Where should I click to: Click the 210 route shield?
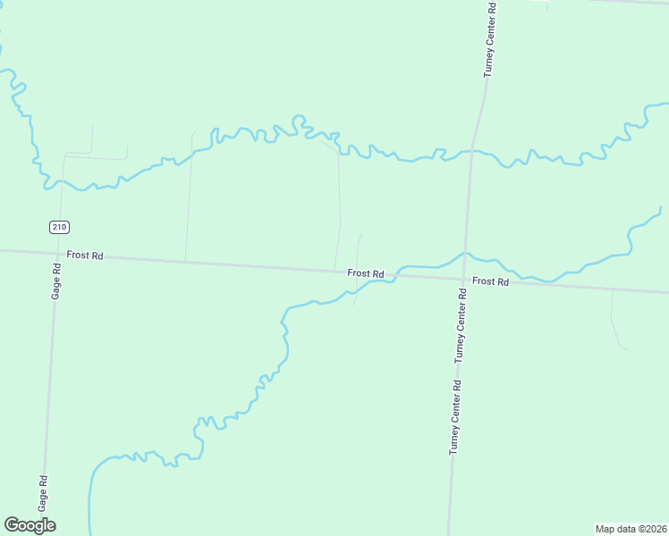[x=59, y=227]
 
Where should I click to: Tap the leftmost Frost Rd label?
[x=85, y=255]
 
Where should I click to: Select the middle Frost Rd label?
[x=366, y=272]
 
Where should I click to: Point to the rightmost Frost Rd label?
[x=490, y=281]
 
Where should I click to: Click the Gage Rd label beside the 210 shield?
[x=55, y=281]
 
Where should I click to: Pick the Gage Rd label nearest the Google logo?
[x=43, y=491]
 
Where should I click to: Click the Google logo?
[x=30, y=525]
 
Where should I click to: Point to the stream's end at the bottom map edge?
[x=90, y=532]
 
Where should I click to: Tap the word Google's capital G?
[x=12, y=525]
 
